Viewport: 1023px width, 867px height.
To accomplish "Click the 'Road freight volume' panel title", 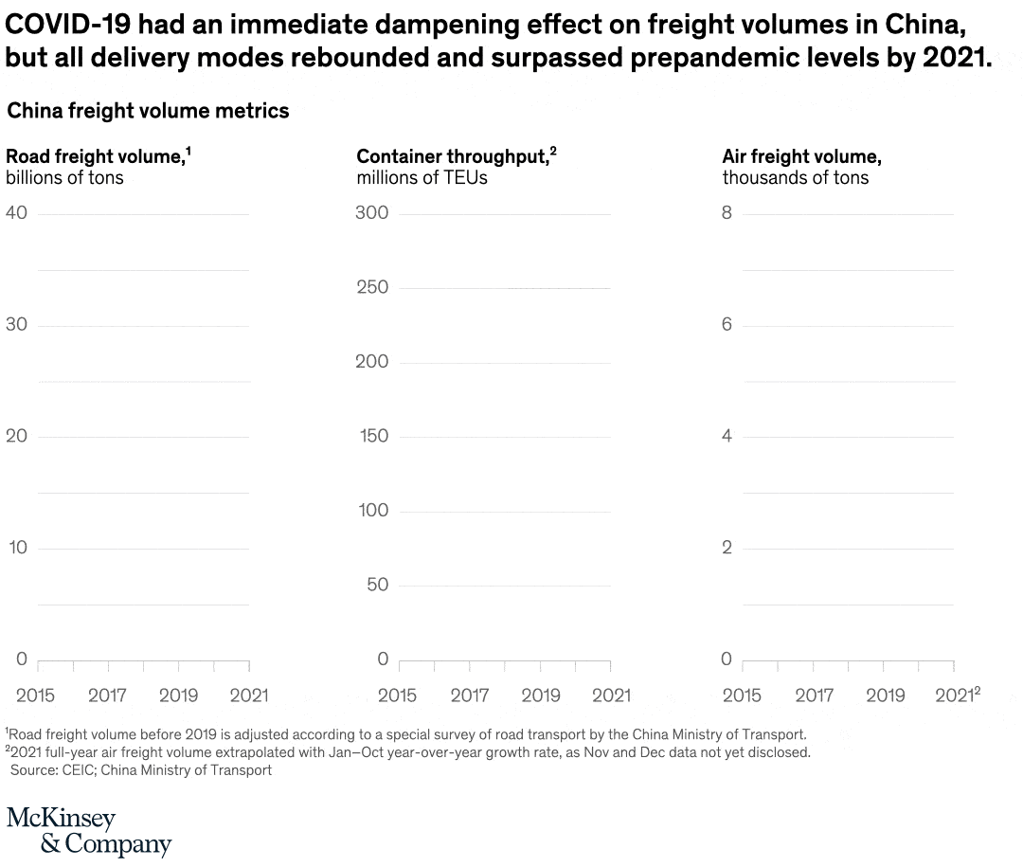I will click(95, 156).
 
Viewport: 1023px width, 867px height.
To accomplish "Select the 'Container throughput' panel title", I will click(452, 156).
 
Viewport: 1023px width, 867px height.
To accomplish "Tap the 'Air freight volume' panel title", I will click(801, 156).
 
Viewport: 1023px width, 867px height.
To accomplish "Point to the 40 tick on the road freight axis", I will click(16, 213).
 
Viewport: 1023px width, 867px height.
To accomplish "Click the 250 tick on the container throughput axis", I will click(371, 287).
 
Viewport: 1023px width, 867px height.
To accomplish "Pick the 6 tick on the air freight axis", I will click(727, 325).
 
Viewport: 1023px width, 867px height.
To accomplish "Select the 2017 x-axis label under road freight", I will click(107, 695).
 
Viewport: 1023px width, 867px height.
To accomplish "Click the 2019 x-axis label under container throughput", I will click(541, 695).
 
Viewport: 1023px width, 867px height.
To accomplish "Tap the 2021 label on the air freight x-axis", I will click(955, 695).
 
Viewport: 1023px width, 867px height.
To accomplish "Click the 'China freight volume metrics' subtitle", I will click(148, 111).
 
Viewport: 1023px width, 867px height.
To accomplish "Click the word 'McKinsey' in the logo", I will click(61, 818).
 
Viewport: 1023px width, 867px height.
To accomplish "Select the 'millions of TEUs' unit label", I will click(422, 177).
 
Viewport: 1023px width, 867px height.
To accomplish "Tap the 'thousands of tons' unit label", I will click(795, 177).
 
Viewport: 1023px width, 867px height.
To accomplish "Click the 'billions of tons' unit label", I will click(64, 177).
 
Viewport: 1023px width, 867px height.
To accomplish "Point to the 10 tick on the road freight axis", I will click(18, 548).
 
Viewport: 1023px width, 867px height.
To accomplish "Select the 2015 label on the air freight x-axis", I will click(742, 695).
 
